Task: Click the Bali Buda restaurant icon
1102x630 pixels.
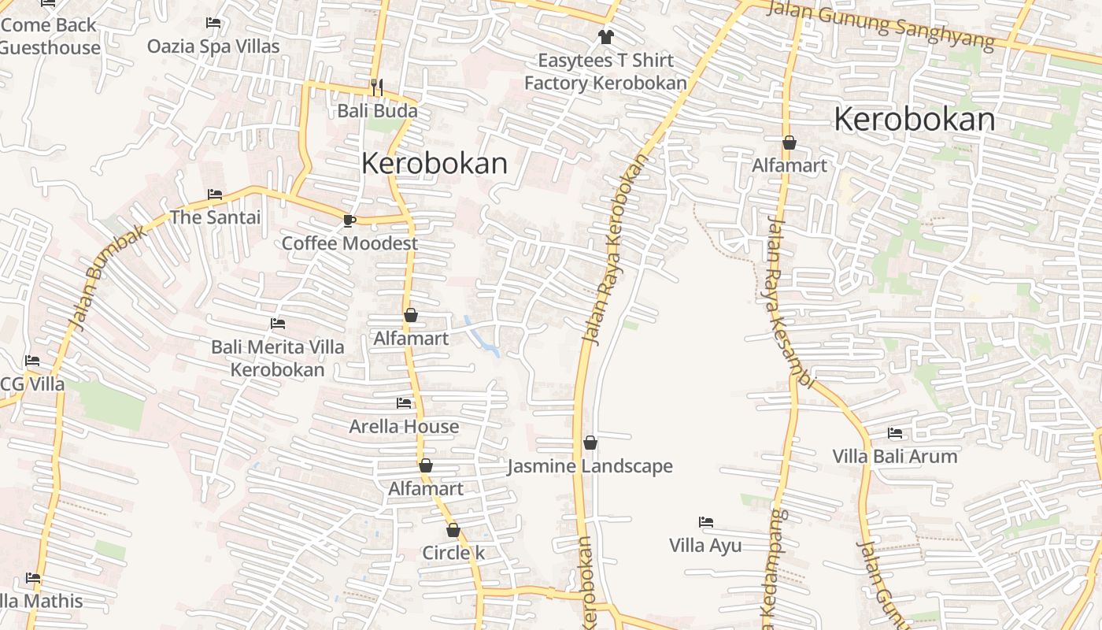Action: pos(376,87)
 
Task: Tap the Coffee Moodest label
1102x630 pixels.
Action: pos(349,243)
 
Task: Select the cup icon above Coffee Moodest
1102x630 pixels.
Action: pos(349,220)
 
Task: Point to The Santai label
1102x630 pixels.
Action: pos(215,217)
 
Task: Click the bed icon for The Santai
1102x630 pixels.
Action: pos(215,194)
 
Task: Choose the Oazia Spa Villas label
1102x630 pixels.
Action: pos(213,46)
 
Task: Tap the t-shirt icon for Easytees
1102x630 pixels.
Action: pos(605,36)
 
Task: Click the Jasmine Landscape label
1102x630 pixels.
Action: pos(590,466)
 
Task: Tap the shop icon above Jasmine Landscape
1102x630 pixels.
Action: pos(590,443)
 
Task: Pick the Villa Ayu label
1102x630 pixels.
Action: pos(705,545)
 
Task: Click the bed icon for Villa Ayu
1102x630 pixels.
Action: pos(706,521)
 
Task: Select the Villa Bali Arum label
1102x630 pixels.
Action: pos(895,456)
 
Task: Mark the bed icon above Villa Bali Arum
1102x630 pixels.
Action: pos(895,432)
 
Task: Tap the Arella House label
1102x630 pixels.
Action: pos(404,427)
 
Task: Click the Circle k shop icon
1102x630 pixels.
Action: pos(453,530)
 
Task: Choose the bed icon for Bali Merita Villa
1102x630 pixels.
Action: pos(277,323)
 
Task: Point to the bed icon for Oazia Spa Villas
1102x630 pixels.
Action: pos(213,23)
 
